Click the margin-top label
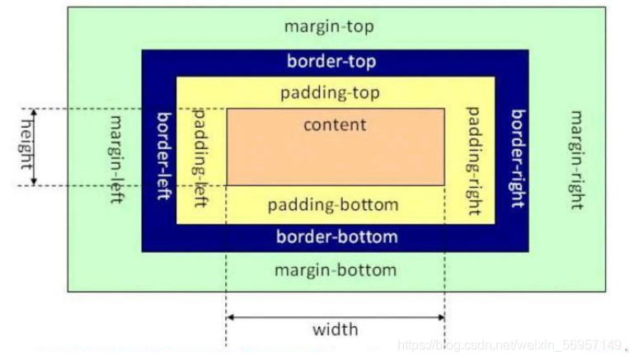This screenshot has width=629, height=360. (x=329, y=27)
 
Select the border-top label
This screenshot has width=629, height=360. (x=331, y=62)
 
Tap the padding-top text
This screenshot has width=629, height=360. (x=330, y=93)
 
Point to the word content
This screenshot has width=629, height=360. (x=335, y=124)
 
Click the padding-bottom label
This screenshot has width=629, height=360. (x=333, y=205)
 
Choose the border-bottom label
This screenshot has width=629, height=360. (x=337, y=236)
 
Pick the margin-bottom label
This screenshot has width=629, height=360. (x=336, y=270)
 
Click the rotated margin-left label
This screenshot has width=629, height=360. (x=116, y=160)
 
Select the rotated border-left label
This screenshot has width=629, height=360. (x=164, y=156)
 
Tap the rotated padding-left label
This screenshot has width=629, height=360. (x=199, y=157)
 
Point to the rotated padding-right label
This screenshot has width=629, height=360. (x=473, y=161)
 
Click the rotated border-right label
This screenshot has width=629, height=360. (x=518, y=159)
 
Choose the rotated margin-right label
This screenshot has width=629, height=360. (x=577, y=160)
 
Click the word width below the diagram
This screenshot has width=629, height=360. (x=335, y=330)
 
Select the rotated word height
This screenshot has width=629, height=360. (x=26, y=145)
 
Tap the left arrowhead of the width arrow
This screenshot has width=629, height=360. (x=230, y=317)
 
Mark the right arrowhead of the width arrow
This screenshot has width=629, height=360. (x=441, y=317)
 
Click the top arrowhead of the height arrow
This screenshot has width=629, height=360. (x=34, y=112)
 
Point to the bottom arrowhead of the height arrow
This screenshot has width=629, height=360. (x=34, y=182)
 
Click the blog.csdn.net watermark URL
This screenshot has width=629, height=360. (x=509, y=345)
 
